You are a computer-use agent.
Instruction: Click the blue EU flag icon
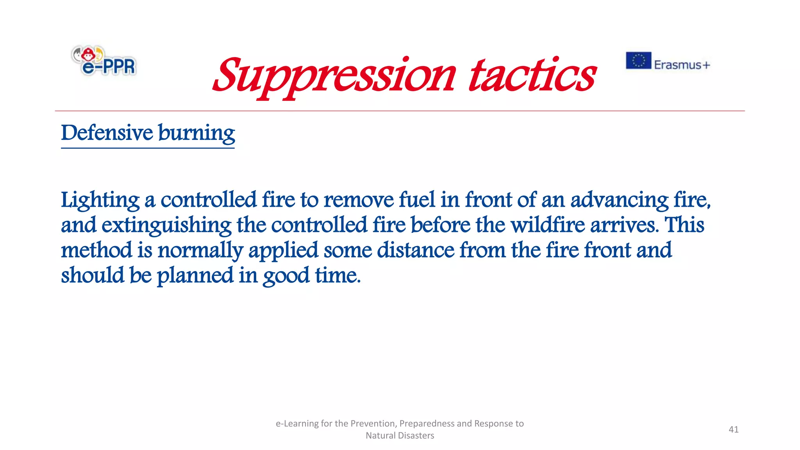click(638, 61)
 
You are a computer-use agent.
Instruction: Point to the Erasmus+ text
click(682, 65)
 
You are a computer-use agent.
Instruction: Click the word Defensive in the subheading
click(107, 133)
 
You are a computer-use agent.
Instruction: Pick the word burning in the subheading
click(196, 134)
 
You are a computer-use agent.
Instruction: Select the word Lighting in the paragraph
click(100, 200)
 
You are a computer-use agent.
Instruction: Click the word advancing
click(620, 200)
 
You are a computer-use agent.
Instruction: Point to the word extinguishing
click(166, 225)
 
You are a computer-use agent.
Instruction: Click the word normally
click(200, 250)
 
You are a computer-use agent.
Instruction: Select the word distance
click(416, 250)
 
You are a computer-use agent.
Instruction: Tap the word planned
click(195, 276)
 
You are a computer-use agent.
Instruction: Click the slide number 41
click(734, 429)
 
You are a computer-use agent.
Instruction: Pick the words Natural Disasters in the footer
click(400, 436)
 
